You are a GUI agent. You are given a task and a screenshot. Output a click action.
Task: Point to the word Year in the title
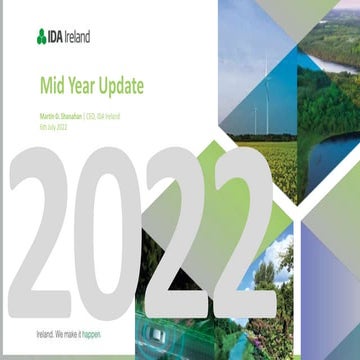(83, 88)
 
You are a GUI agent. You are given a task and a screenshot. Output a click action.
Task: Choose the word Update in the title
(122, 88)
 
